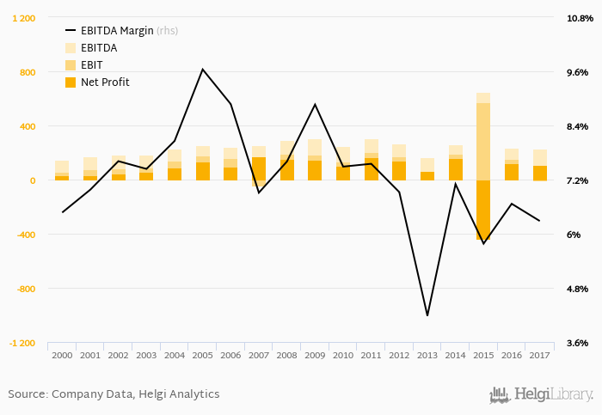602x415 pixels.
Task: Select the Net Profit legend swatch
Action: click(71, 82)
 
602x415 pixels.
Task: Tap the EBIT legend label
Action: click(92, 64)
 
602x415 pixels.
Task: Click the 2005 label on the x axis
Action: click(202, 354)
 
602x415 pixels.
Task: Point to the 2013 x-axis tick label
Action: click(427, 354)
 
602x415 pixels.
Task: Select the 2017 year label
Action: click(540, 354)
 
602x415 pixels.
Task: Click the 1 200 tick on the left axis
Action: click(22, 18)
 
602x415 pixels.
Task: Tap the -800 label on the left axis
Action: click(26, 289)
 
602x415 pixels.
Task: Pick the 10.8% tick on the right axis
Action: click(574, 18)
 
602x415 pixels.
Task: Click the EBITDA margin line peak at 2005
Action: click(202, 70)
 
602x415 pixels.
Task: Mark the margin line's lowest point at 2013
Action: click(427, 315)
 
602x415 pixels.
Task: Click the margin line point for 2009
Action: click(315, 104)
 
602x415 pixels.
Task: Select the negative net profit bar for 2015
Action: click(483, 210)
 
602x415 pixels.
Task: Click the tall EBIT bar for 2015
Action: click(483, 142)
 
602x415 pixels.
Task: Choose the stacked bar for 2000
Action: click(62, 170)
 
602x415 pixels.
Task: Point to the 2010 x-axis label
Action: click(343, 354)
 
